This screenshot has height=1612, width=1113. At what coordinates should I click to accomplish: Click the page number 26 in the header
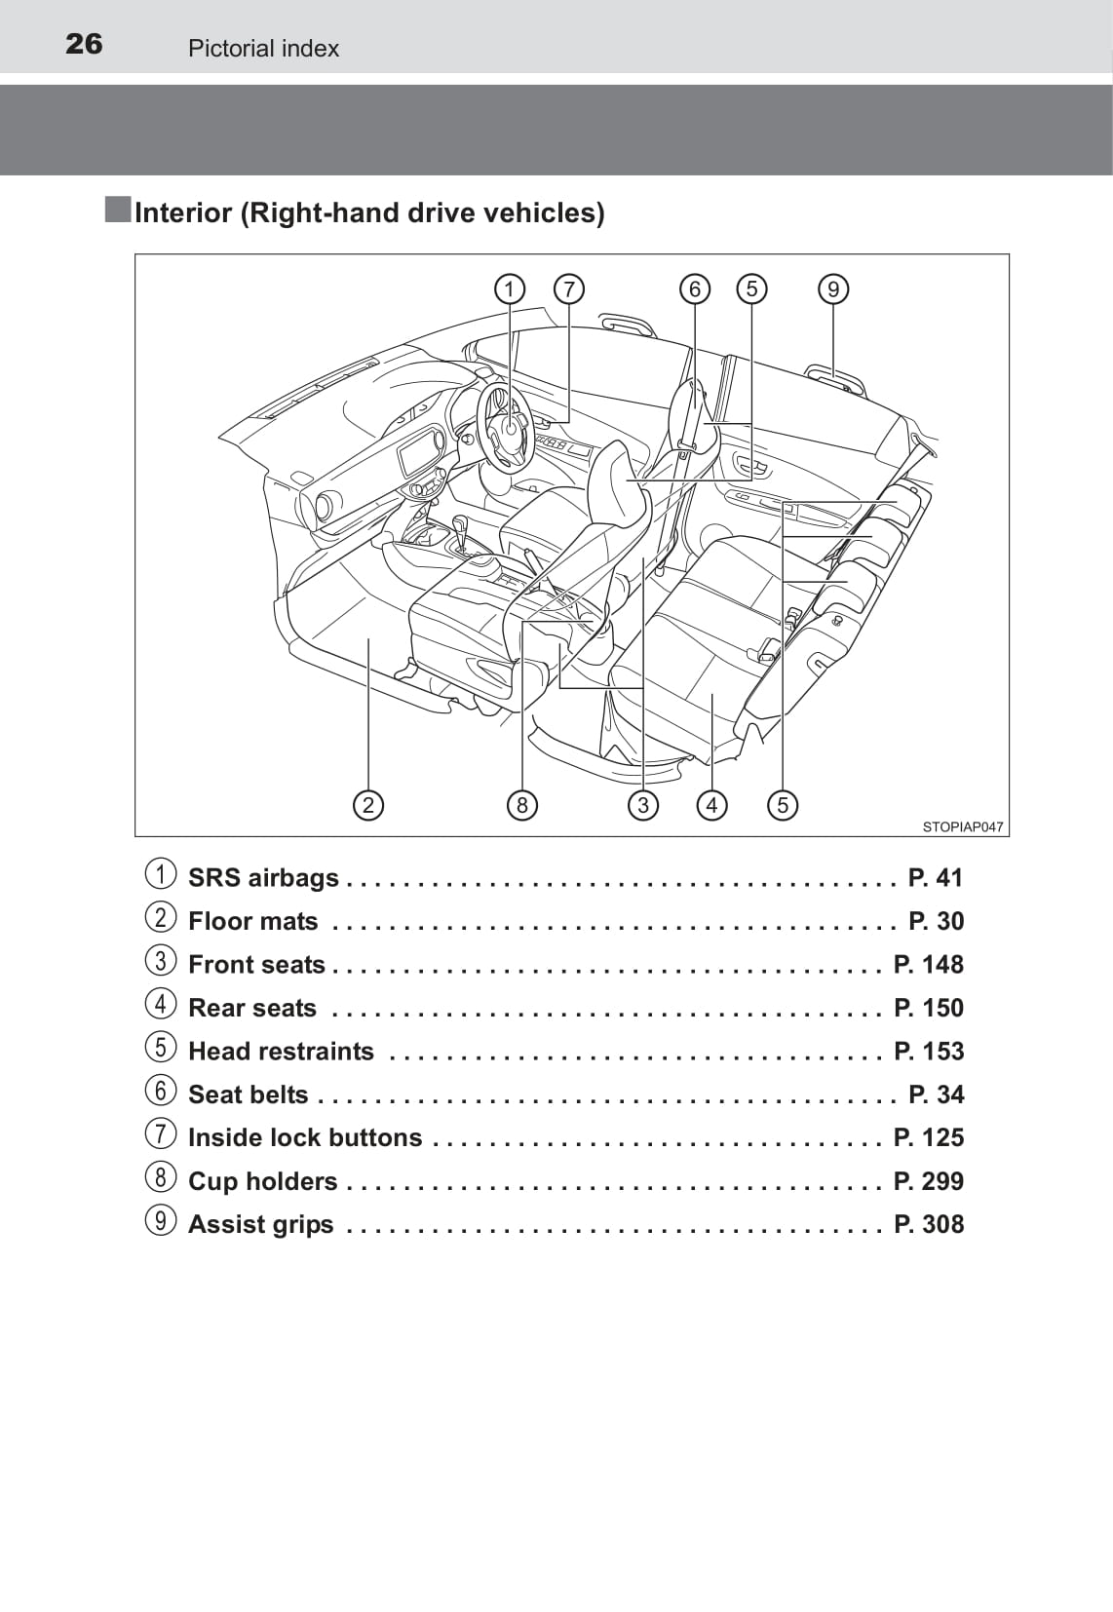[84, 44]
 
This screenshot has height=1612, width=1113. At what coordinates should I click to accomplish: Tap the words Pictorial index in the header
[263, 49]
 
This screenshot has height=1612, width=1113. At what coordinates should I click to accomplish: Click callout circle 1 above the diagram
[509, 289]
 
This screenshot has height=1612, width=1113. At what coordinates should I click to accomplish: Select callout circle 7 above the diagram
[568, 289]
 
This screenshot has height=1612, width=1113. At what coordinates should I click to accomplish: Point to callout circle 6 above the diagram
[695, 289]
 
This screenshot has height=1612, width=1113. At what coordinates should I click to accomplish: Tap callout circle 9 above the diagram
[833, 289]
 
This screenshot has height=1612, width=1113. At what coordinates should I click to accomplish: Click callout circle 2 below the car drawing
[367, 805]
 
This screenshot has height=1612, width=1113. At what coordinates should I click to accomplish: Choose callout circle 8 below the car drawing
[522, 805]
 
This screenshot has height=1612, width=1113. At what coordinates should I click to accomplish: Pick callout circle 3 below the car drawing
[643, 805]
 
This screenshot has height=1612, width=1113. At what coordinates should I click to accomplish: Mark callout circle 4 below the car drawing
[712, 805]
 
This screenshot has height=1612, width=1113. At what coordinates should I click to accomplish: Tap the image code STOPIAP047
[962, 826]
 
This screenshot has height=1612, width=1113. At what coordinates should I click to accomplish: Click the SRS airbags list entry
[263, 878]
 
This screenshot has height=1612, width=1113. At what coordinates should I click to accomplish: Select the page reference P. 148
[928, 965]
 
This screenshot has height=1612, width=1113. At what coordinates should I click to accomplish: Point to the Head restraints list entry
[281, 1052]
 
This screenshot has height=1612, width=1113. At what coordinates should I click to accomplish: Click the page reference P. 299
[928, 1181]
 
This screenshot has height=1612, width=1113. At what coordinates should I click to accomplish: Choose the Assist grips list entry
[260, 1225]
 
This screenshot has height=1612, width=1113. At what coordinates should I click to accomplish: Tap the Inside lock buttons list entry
[304, 1138]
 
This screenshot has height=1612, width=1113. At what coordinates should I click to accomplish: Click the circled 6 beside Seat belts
[161, 1091]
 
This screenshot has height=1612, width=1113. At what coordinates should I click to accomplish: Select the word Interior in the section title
[183, 212]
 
